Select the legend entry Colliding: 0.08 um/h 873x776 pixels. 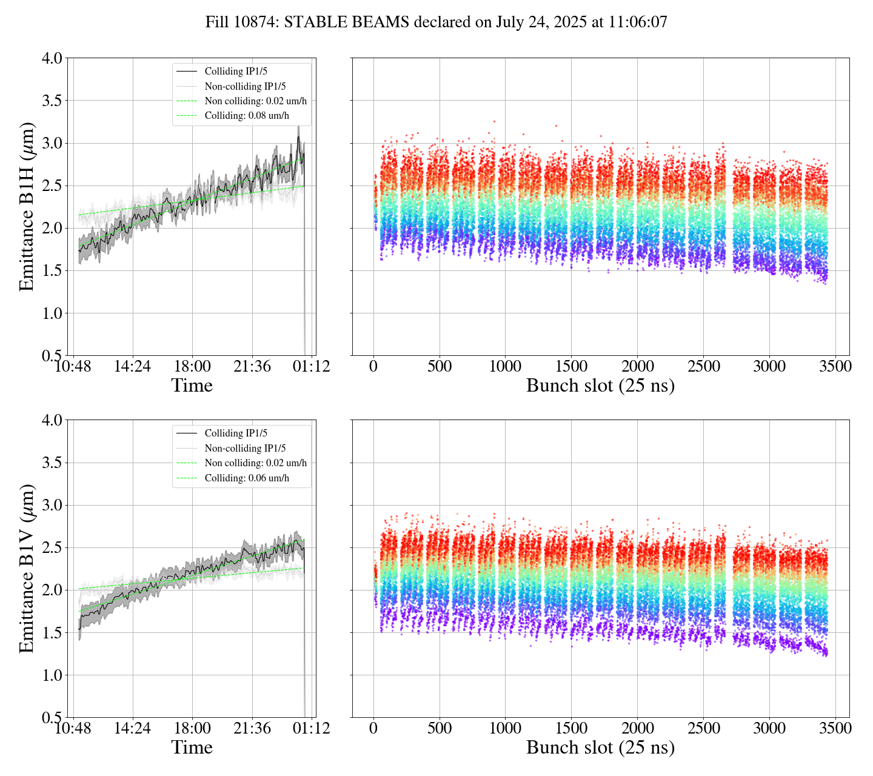coord(247,116)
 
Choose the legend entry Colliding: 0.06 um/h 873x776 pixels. coord(247,478)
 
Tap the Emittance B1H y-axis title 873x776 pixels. coord(27,207)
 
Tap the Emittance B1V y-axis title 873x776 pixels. coord(27,568)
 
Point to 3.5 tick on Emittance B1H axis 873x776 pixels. coord(52,101)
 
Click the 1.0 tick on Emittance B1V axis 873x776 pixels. coord(52,675)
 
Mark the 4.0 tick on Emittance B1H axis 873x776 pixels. coord(52,58)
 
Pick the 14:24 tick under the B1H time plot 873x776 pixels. coord(133,367)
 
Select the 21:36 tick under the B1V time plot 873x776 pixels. coord(252,728)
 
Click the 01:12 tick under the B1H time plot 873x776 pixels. coord(312,367)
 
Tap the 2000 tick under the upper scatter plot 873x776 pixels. coord(637,367)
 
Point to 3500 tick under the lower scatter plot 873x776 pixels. coord(835,728)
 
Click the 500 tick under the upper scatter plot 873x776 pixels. coord(440,367)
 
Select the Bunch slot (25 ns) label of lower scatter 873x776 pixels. coord(600,748)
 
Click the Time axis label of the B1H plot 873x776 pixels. coord(192,386)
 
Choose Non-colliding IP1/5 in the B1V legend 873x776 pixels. coord(245,448)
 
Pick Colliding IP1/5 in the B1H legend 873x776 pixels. coord(236,71)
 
